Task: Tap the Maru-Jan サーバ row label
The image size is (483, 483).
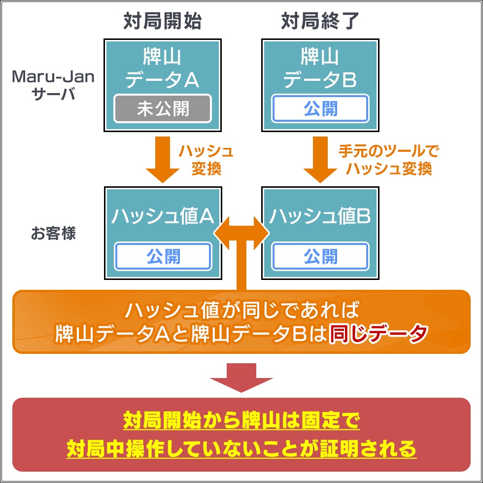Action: tap(46, 85)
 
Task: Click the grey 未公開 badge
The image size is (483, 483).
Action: tap(163, 108)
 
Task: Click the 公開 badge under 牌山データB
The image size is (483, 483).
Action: tap(320, 108)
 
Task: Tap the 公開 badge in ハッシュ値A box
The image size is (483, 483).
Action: tap(163, 256)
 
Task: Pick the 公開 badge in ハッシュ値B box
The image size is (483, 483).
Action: tap(320, 256)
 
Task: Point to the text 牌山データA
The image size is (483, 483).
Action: tap(162, 68)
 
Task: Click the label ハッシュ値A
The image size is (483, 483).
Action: tap(162, 216)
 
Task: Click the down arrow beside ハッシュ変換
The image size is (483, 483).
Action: tap(163, 159)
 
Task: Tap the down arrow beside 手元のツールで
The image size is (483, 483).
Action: tap(320, 159)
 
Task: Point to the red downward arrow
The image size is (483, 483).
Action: tap(241, 377)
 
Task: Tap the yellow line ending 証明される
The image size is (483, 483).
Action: tap(241, 449)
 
